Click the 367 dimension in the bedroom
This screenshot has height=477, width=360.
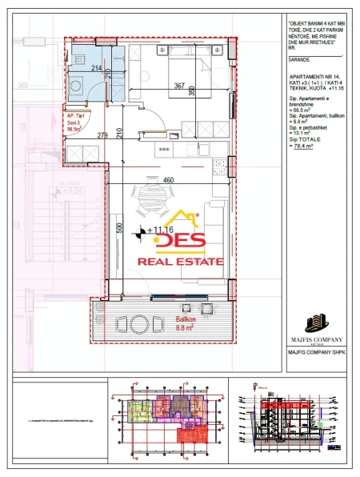click(x=179, y=86)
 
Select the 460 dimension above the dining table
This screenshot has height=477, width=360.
click(x=168, y=180)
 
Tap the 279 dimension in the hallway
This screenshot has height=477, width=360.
click(x=102, y=134)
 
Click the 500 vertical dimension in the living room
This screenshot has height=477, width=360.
click(x=118, y=229)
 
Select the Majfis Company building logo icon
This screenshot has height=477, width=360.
click(x=316, y=324)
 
